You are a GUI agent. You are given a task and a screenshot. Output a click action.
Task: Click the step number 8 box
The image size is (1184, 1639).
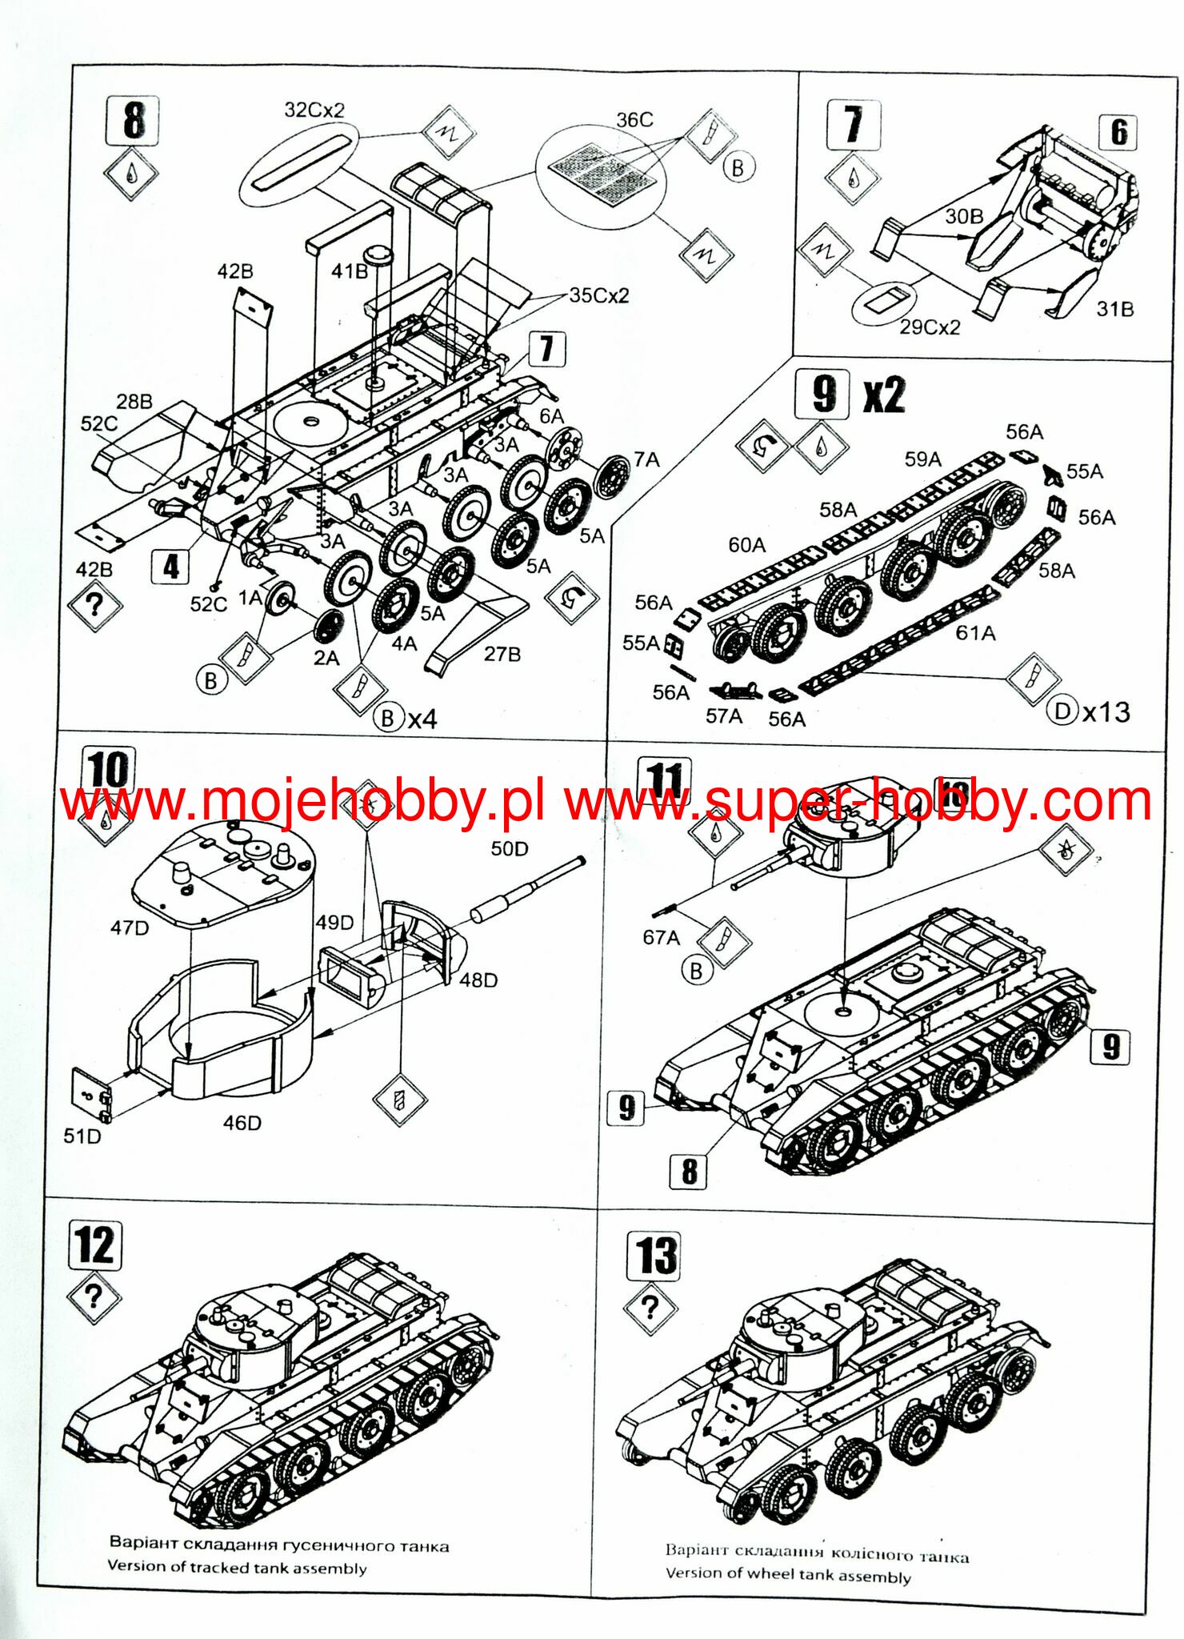(132, 121)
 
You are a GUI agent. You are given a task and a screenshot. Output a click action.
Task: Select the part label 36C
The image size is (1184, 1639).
(634, 120)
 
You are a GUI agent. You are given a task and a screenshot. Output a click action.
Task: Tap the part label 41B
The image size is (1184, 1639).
(350, 271)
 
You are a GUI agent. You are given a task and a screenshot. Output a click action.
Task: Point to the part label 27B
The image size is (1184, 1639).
(502, 654)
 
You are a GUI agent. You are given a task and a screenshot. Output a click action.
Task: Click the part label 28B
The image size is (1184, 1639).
(134, 401)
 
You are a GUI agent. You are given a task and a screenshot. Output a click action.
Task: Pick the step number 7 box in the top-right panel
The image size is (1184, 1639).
(854, 125)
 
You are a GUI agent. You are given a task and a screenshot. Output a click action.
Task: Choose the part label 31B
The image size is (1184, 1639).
(1114, 309)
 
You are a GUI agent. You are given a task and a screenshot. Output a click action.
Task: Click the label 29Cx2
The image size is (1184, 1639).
(929, 327)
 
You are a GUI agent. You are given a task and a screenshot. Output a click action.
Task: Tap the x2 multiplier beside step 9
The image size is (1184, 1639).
(884, 395)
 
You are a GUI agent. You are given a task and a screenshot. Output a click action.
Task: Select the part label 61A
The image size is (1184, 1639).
(975, 633)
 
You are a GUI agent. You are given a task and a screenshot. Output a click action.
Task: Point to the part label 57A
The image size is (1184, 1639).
(723, 715)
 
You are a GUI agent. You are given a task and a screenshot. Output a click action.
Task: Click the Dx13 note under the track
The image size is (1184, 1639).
(1089, 711)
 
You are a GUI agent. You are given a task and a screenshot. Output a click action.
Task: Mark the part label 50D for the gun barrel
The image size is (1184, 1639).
(510, 848)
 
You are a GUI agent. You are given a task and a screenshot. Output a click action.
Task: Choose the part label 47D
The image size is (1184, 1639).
(130, 928)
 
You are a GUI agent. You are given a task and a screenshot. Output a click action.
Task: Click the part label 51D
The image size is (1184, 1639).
(82, 1136)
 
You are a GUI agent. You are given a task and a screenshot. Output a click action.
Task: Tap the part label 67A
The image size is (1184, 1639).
(661, 937)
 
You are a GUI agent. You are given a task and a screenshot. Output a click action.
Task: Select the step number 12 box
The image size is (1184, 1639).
(96, 1245)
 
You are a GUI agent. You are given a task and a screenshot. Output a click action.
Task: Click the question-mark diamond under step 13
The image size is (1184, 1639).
(650, 1308)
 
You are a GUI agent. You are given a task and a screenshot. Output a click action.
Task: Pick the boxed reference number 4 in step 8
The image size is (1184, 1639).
(171, 567)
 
